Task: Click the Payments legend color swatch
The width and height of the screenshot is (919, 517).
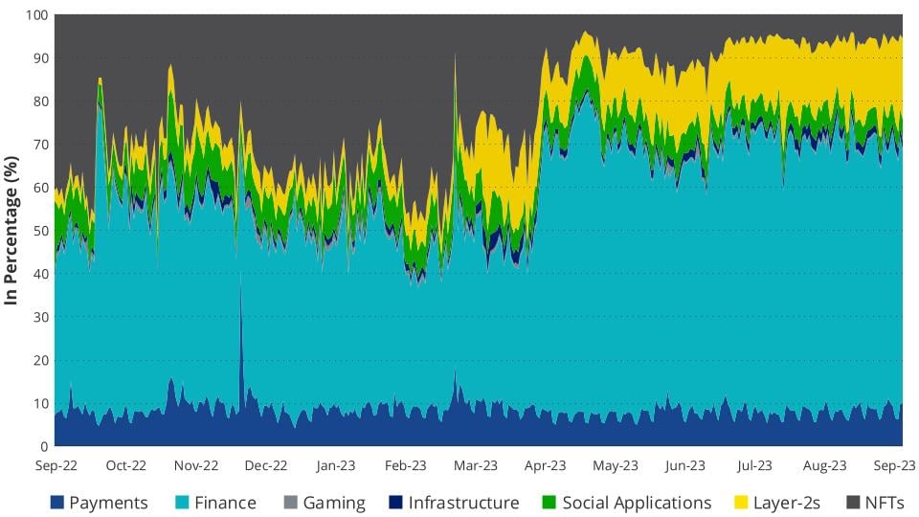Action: point(56,503)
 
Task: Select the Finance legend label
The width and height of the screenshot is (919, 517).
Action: point(225,503)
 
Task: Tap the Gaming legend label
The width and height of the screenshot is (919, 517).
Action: point(334,503)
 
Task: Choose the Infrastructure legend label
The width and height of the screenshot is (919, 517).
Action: point(463,503)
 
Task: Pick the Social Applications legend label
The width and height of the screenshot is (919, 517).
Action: point(637,503)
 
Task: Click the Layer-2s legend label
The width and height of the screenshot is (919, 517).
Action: point(788,503)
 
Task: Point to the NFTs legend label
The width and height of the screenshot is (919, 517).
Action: point(884,503)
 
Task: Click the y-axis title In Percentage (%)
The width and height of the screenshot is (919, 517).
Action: point(12,230)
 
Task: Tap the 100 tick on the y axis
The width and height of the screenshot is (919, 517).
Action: point(37,16)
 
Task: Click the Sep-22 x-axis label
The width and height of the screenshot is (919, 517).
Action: point(56,466)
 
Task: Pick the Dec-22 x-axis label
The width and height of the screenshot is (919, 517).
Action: point(265,466)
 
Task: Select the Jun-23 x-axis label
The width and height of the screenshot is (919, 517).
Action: point(684,466)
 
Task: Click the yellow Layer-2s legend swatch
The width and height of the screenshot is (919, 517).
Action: point(741,503)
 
